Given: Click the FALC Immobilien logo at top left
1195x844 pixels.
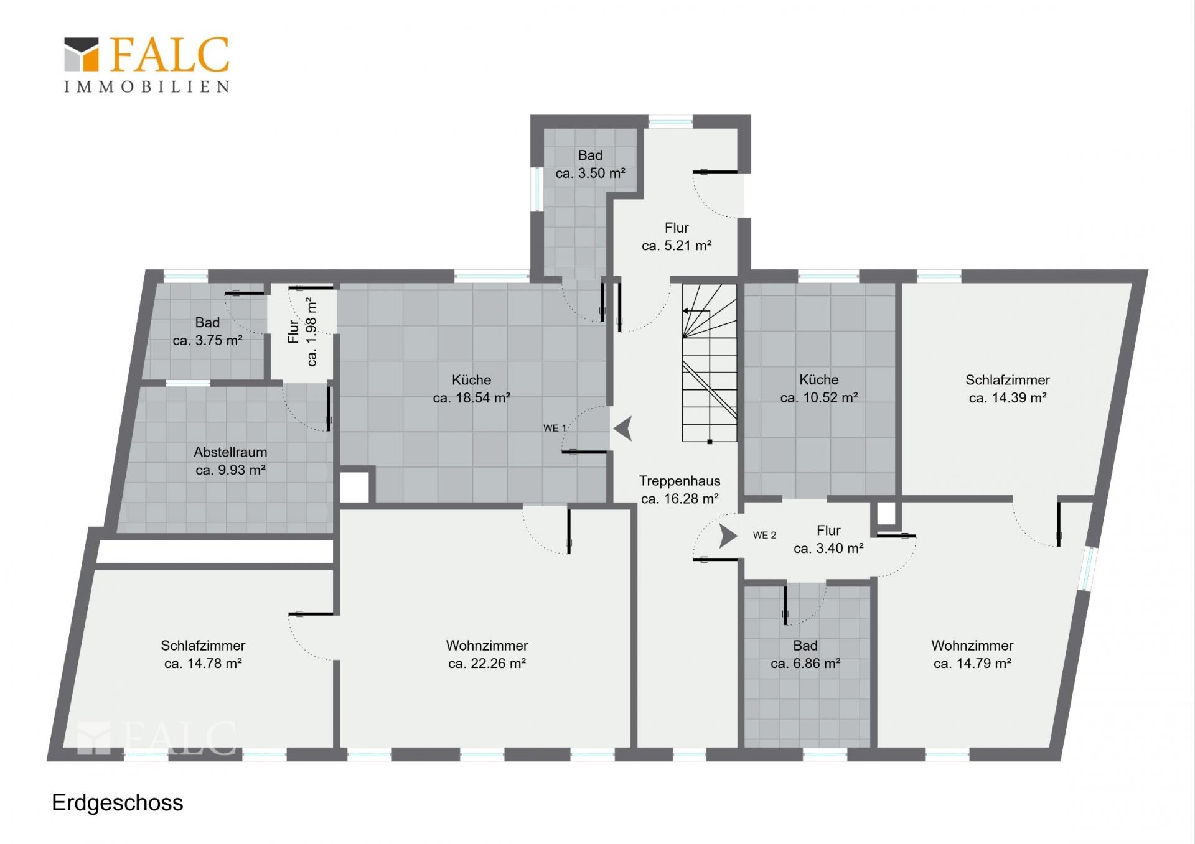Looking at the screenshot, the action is coord(147,65).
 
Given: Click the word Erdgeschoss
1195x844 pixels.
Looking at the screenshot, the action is coord(118,803).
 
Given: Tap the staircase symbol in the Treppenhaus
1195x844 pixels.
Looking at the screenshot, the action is coord(710,363).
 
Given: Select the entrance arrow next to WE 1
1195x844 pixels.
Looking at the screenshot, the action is coord(623,428).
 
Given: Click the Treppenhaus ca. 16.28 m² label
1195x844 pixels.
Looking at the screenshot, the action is coord(680,489).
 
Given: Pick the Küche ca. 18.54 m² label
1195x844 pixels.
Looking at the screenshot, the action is coord(472,389).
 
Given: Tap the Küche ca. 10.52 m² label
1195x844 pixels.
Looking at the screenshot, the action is coord(819,389).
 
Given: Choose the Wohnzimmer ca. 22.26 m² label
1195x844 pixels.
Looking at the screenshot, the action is coord(487,654).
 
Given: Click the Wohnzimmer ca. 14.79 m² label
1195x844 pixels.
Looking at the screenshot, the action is coord(972,654).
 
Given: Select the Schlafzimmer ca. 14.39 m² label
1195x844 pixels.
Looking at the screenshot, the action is coord(1008,389).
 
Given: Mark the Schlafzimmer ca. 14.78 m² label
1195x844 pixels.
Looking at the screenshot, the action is coord(203,654).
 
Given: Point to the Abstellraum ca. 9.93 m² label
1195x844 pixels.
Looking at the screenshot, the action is coord(230,461).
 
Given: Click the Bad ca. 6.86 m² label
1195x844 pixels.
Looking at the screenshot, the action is coord(805,654).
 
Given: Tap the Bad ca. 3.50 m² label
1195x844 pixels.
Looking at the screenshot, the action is coord(590,164).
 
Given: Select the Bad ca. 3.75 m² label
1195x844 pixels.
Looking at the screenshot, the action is coord(207,332).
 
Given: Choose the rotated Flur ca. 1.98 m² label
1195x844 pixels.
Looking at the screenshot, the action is coord(302,332).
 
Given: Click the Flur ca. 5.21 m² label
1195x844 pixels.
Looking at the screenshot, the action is coord(677,236).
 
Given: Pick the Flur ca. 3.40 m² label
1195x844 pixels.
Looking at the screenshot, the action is coord(828,539).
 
